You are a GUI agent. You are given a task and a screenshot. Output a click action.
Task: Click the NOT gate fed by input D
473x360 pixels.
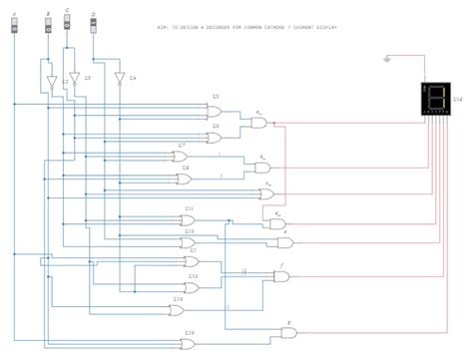[120, 79]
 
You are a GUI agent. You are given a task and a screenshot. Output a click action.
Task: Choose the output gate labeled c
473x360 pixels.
[266, 192]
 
